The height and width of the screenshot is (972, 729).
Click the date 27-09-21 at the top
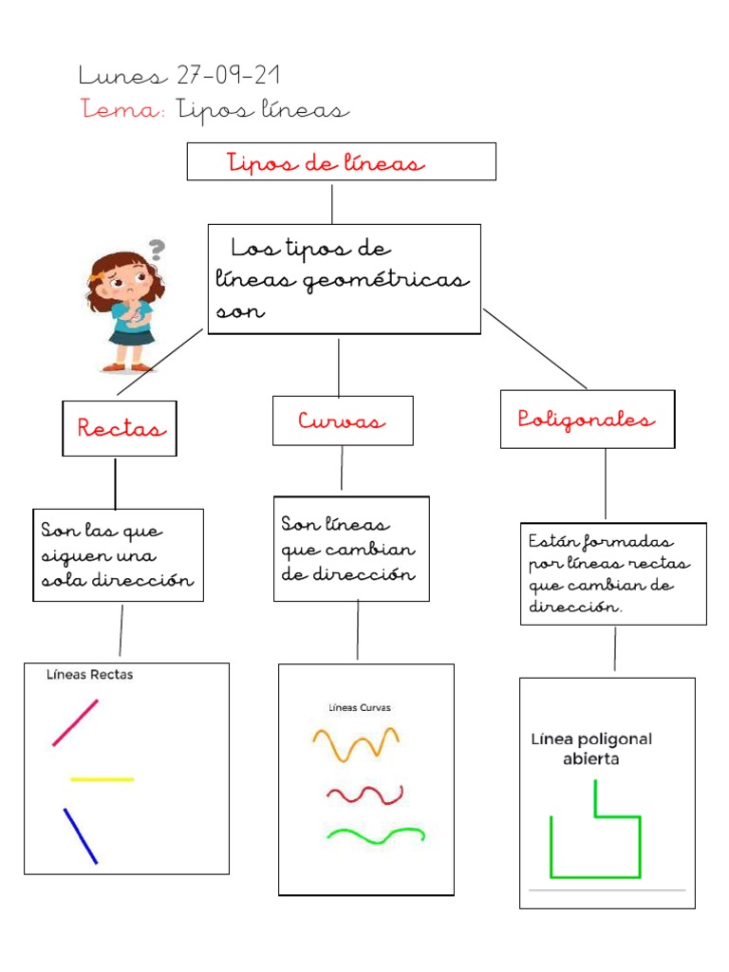[228, 75]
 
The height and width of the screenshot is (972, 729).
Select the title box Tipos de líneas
[341, 162]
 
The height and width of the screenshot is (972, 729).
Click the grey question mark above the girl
[157, 250]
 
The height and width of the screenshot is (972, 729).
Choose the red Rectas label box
[120, 428]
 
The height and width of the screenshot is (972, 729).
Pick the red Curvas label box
[343, 421]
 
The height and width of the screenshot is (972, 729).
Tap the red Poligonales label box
[588, 420]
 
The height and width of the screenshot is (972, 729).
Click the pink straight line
[75, 722]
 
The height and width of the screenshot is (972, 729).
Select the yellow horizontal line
[103, 779]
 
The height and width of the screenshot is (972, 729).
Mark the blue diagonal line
[81, 835]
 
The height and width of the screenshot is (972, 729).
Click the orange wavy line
[356, 742]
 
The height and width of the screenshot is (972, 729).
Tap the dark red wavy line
[364, 794]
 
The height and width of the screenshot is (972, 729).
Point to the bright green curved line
[375, 834]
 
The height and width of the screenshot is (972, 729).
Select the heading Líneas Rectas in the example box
[90, 675]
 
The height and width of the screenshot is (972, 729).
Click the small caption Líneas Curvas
[360, 707]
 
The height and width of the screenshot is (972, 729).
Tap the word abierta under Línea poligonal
[592, 759]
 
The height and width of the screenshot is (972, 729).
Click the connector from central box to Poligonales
[534, 348]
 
